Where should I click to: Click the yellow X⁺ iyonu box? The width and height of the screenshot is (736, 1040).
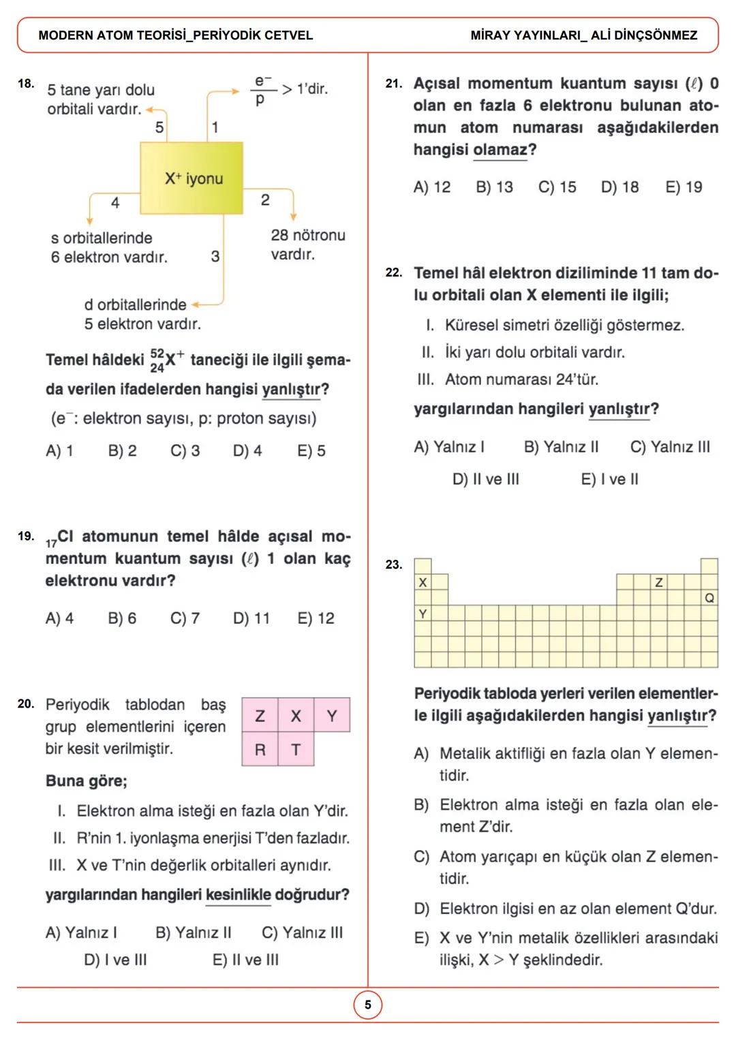click(x=191, y=178)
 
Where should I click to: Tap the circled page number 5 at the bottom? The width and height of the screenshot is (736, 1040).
click(x=368, y=1005)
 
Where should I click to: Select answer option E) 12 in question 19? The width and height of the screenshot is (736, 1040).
click(x=316, y=618)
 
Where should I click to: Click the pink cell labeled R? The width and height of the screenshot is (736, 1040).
click(x=260, y=750)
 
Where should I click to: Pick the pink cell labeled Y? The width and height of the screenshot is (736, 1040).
click(x=332, y=716)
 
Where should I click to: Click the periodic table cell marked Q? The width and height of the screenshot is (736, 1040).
click(x=709, y=598)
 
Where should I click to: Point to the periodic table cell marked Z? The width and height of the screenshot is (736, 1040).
click(x=659, y=582)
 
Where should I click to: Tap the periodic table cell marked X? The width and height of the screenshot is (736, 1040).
click(x=423, y=582)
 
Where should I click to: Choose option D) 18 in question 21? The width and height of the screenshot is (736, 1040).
click(x=619, y=187)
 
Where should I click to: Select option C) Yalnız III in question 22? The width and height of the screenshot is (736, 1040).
click(x=669, y=447)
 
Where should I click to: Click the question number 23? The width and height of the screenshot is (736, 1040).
click(x=393, y=565)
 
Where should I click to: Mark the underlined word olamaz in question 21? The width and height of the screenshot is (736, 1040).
click(x=500, y=150)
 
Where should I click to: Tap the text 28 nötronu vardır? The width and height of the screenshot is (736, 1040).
click(x=307, y=245)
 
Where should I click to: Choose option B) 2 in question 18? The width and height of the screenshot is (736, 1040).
click(x=122, y=451)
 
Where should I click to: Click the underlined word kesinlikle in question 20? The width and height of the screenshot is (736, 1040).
click(x=238, y=895)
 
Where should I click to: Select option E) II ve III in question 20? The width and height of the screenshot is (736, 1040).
click(x=245, y=960)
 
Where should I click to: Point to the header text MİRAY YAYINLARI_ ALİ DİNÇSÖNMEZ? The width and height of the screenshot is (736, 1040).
click(x=583, y=35)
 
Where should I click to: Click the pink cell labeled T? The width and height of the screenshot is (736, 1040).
click(x=296, y=750)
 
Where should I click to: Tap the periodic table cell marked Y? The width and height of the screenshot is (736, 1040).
click(x=423, y=614)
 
